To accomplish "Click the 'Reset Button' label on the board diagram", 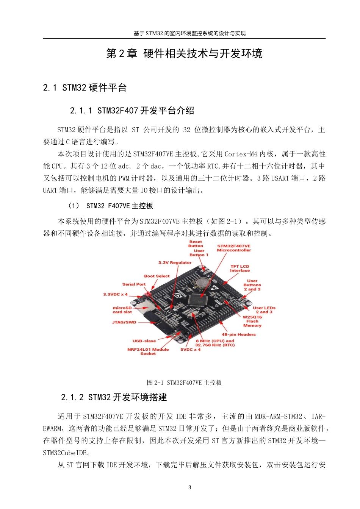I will click(196, 244).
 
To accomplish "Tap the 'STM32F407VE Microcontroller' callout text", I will click(234, 248).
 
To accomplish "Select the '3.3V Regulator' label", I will click(175, 262).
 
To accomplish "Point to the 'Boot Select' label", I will click(157, 276).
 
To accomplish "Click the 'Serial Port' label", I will click(134, 284).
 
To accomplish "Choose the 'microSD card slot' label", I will click(122, 310).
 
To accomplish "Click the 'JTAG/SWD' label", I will click(124, 322).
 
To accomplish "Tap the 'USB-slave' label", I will click(144, 341).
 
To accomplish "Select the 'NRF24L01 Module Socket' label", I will click(148, 351).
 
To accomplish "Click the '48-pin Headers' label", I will click(238, 334).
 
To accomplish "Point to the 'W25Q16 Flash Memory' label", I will click(252, 321).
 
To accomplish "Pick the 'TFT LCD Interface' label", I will click(239, 269).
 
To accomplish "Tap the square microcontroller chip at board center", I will click(197, 299).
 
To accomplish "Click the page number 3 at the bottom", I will click(190, 487).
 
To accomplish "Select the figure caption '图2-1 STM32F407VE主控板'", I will click(184, 383).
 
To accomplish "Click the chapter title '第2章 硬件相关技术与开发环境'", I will click(184, 54).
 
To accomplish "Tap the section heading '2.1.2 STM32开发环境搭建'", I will click(114, 397).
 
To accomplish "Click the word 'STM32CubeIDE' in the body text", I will click(65, 453).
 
